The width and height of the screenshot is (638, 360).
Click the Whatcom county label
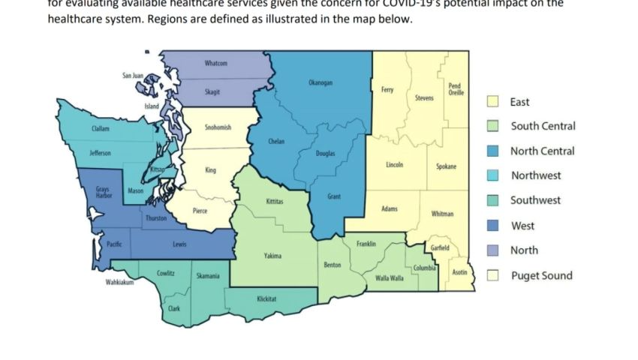point(216,64)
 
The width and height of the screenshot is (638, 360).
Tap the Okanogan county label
point(321,82)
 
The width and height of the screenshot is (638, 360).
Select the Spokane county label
point(446,166)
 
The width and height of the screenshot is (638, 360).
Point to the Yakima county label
point(272,256)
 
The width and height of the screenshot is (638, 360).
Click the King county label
point(211,170)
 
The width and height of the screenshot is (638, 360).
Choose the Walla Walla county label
point(389,278)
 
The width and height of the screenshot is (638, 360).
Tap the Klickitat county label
point(266,298)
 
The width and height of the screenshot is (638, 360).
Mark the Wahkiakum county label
point(119,283)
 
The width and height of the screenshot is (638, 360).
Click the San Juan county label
point(133,76)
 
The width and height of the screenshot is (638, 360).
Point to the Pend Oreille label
point(456,89)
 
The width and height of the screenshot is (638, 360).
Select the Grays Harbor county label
point(103,192)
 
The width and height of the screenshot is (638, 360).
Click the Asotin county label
point(459,272)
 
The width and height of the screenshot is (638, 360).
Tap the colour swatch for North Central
point(493,151)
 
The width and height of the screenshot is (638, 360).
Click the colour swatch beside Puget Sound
point(493,275)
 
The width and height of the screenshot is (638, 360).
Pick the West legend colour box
point(493,226)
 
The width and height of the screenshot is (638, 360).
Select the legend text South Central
point(543,126)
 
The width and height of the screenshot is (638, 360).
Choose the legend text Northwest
point(536,175)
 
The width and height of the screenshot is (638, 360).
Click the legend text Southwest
point(536,200)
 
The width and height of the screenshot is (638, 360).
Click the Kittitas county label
point(275,202)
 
